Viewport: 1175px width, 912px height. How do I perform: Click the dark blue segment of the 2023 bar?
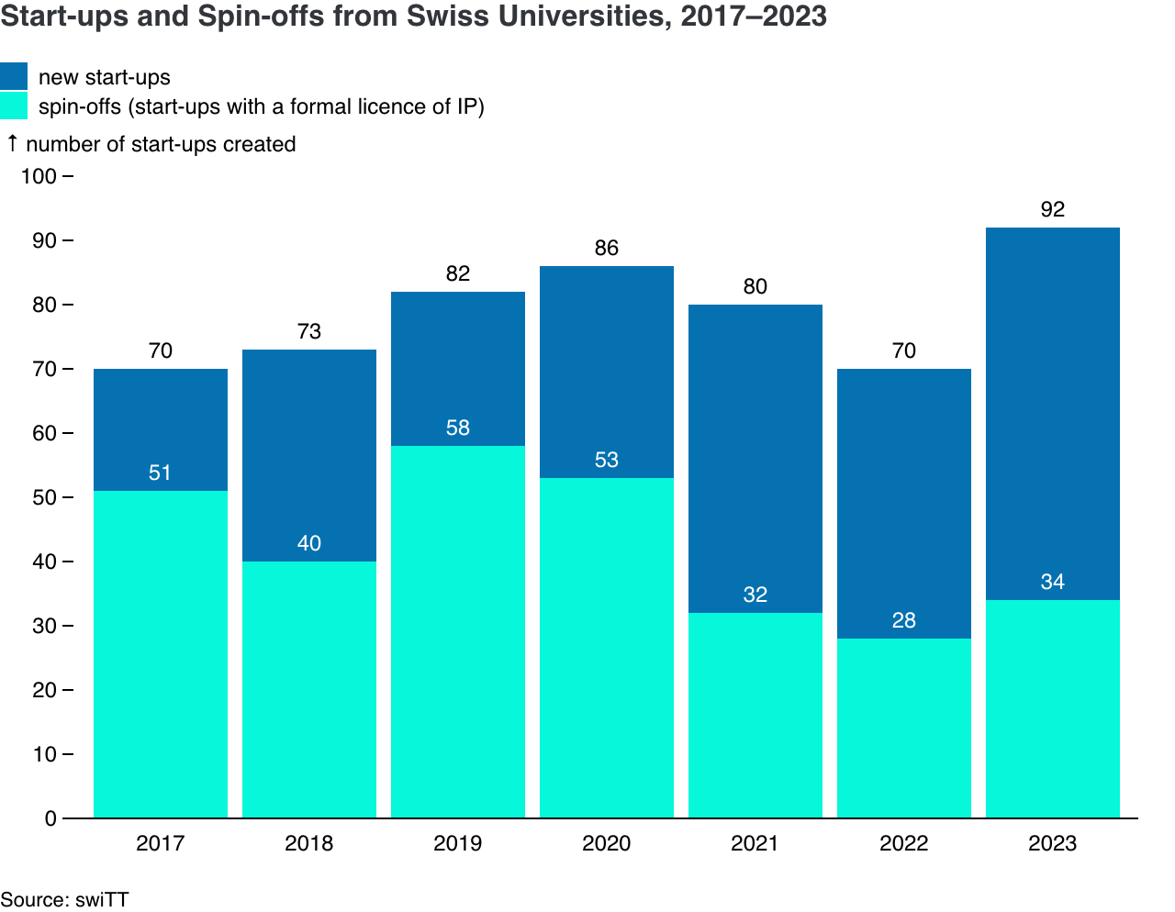(x=1053, y=413)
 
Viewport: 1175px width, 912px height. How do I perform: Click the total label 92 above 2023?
(x=1053, y=209)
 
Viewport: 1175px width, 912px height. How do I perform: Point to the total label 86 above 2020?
(x=607, y=248)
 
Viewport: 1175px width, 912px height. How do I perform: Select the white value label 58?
(x=458, y=428)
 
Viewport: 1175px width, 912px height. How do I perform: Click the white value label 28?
(x=904, y=620)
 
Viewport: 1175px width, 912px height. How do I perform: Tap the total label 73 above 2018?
(x=309, y=331)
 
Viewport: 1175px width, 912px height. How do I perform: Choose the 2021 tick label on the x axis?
(x=755, y=843)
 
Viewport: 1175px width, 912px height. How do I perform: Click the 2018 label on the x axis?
(x=309, y=843)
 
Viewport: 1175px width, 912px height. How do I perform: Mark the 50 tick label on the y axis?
(x=44, y=497)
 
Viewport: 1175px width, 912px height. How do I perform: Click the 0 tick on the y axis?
(x=50, y=818)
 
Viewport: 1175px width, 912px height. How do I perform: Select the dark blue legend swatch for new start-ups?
(x=14, y=76)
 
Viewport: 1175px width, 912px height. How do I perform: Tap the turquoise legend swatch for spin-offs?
(x=14, y=106)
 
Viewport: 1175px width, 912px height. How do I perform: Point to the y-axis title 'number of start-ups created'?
(x=161, y=144)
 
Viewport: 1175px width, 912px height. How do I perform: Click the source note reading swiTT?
(x=102, y=899)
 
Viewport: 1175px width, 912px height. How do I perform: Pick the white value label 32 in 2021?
(x=755, y=595)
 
